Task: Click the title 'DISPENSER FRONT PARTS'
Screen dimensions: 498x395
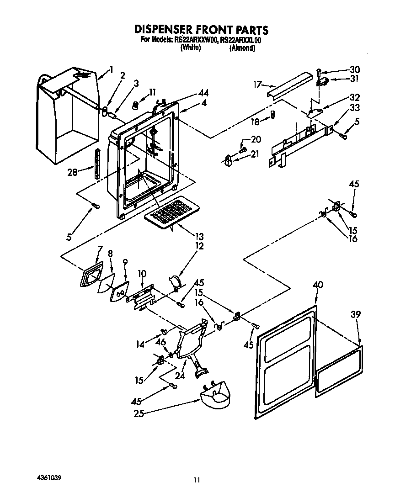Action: (x=201, y=30)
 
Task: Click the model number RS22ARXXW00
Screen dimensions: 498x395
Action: (x=196, y=40)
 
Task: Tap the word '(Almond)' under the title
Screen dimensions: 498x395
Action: (x=242, y=48)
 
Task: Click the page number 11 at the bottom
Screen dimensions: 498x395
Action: (x=197, y=480)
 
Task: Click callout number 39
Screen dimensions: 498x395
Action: (x=356, y=314)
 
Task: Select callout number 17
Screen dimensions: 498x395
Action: (x=258, y=84)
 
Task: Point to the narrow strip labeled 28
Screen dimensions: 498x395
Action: (x=96, y=164)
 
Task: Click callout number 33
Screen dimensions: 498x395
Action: (x=354, y=108)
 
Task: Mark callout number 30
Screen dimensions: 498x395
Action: (x=354, y=69)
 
